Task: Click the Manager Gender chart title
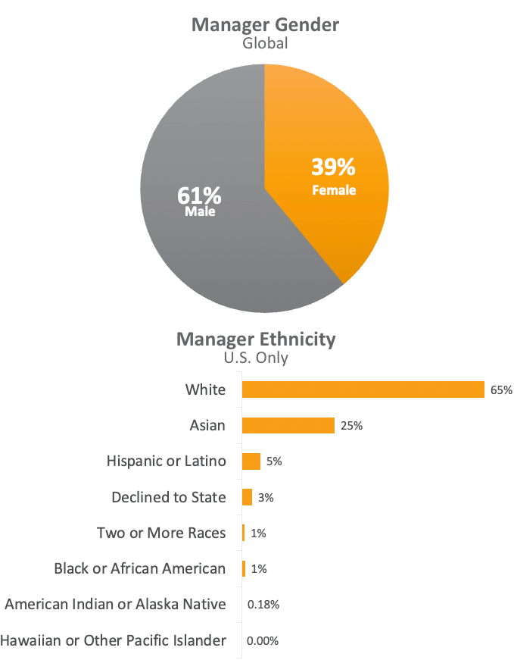click(265, 24)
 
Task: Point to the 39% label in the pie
click(334, 167)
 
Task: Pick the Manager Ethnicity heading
click(256, 338)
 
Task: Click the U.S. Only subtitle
click(256, 357)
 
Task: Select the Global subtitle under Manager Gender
click(265, 43)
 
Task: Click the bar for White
click(363, 389)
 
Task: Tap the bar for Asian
click(288, 425)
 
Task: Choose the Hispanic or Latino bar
click(251, 461)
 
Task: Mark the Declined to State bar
click(247, 497)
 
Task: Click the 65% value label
click(501, 390)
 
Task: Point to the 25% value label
click(351, 426)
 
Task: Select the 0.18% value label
click(263, 605)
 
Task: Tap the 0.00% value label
click(263, 641)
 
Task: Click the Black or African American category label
click(140, 568)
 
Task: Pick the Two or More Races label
click(161, 533)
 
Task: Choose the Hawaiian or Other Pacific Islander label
click(114, 640)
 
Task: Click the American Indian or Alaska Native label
click(115, 604)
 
